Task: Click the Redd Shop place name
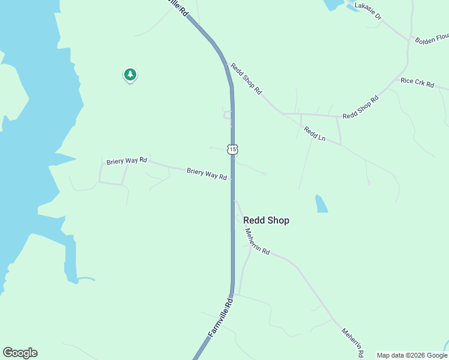click(x=266, y=220)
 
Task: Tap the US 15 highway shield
click(x=233, y=149)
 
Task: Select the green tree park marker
click(x=130, y=75)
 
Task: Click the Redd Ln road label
click(x=314, y=133)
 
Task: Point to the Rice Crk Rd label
click(x=417, y=83)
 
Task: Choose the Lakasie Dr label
click(x=368, y=10)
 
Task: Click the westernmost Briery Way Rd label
click(x=127, y=161)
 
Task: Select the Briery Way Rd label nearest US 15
click(x=206, y=173)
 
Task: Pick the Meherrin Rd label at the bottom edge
click(x=352, y=342)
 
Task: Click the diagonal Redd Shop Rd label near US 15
click(x=247, y=80)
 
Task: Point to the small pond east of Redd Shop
click(x=321, y=203)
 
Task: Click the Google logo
click(x=20, y=353)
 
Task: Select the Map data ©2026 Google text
click(x=412, y=355)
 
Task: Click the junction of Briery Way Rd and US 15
click(x=232, y=179)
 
